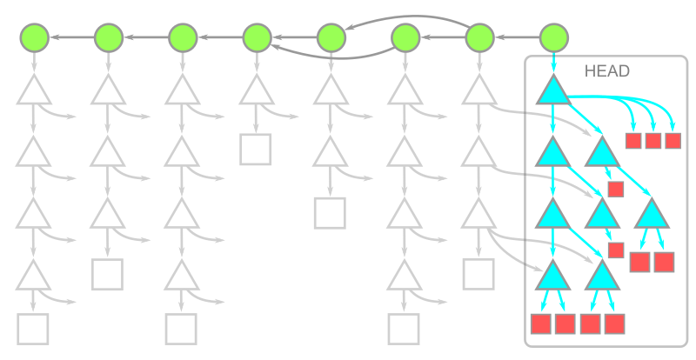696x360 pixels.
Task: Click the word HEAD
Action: (607, 72)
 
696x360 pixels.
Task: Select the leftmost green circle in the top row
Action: (34, 37)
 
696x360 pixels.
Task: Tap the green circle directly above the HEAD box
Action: (554, 37)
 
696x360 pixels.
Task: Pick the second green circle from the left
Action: (108, 37)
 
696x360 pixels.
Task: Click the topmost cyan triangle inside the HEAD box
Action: (553, 91)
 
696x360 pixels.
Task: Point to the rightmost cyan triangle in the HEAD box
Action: (652, 213)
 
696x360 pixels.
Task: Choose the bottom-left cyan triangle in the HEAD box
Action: (553, 277)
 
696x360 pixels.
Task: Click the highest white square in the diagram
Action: (256, 150)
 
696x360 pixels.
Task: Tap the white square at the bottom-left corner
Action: (33, 330)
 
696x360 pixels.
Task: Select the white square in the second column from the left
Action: (107, 274)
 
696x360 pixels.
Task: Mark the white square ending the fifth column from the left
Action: (330, 212)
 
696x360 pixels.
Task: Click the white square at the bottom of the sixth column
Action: (404, 330)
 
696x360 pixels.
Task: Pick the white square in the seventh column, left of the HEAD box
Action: (478, 274)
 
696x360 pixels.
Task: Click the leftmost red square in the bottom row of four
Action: (541, 323)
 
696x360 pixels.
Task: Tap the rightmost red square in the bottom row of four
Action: (614, 323)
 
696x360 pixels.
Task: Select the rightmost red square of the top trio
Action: (673, 140)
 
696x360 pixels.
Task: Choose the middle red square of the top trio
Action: (653, 140)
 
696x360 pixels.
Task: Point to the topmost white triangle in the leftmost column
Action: (34, 90)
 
